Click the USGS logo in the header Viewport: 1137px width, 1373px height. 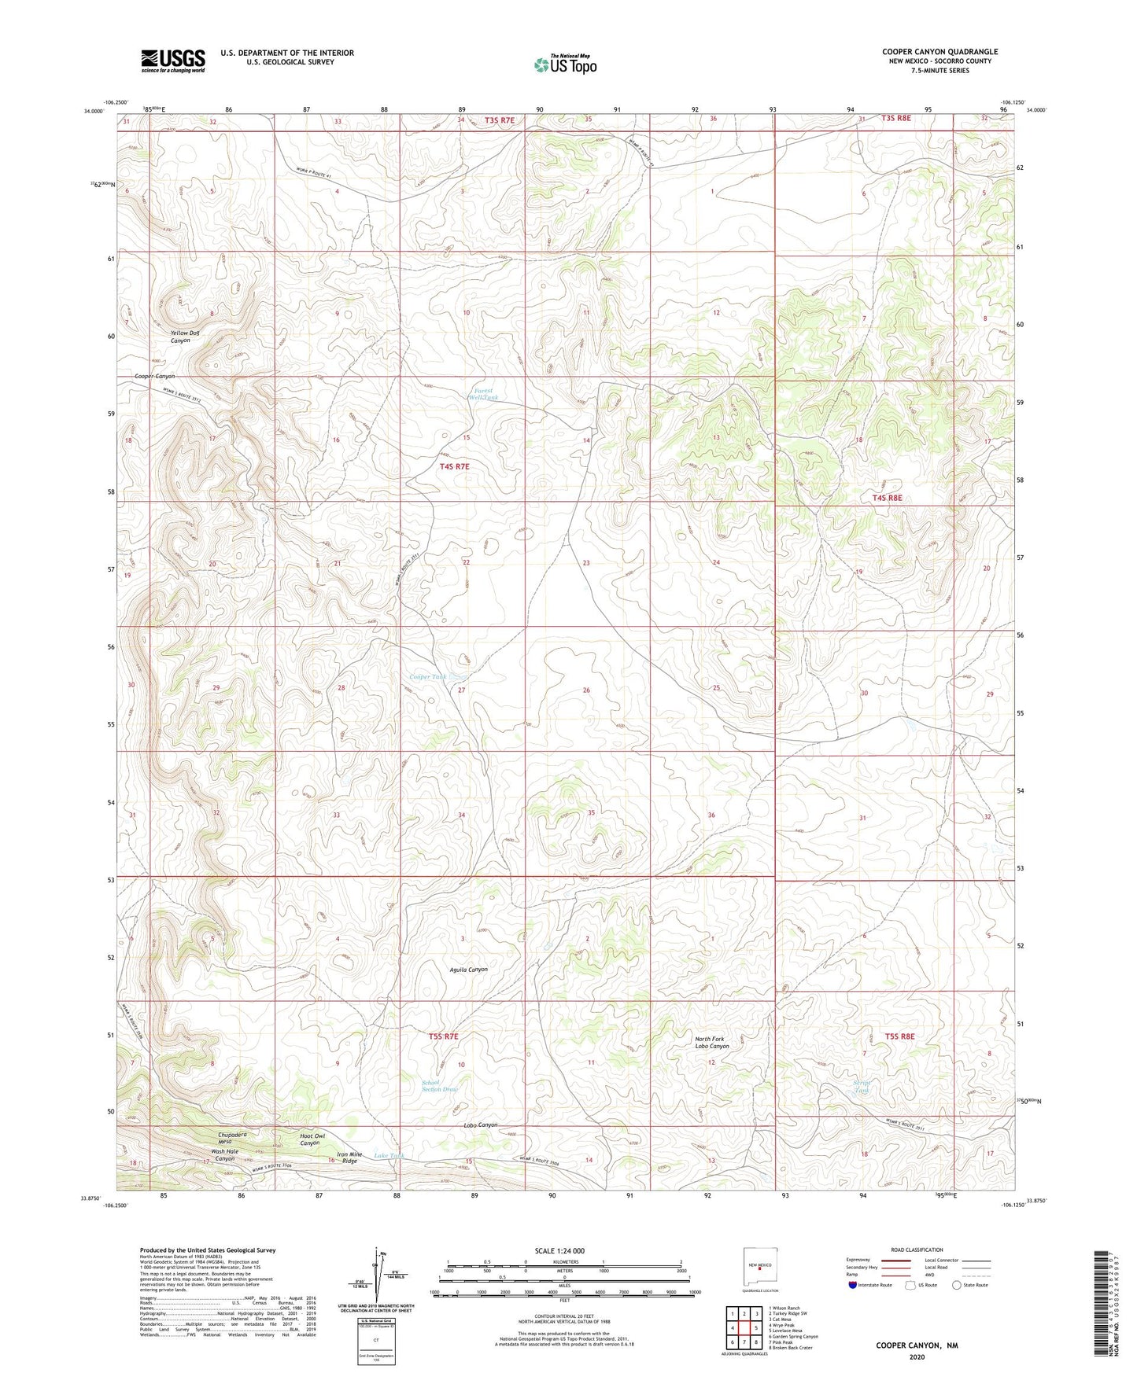[x=173, y=61]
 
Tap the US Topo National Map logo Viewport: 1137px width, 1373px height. [x=565, y=64]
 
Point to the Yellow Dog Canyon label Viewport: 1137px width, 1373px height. [x=185, y=337]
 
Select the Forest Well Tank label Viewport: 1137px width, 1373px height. [x=483, y=394]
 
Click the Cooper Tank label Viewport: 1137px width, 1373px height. [x=428, y=677]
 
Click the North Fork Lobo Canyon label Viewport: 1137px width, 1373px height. [x=712, y=1042]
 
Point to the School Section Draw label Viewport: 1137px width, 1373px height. [x=439, y=1086]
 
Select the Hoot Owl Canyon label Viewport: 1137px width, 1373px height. [x=309, y=1139]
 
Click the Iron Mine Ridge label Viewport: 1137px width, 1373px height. [x=349, y=1158]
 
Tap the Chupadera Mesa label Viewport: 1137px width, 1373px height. [x=233, y=1138]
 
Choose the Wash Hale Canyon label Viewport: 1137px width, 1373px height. [x=224, y=1155]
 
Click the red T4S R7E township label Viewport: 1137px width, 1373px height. [x=454, y=466]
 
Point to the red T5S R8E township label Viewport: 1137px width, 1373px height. [x=899, y=1036]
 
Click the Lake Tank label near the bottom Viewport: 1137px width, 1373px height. [x=389, y=1155]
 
